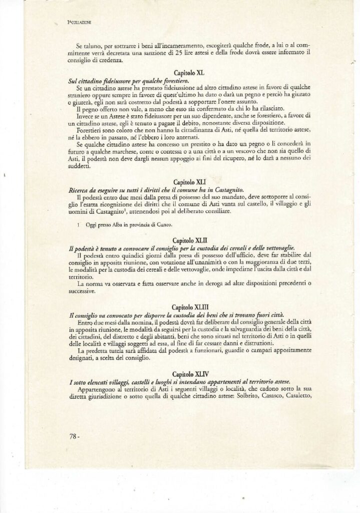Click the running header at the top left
79,23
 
